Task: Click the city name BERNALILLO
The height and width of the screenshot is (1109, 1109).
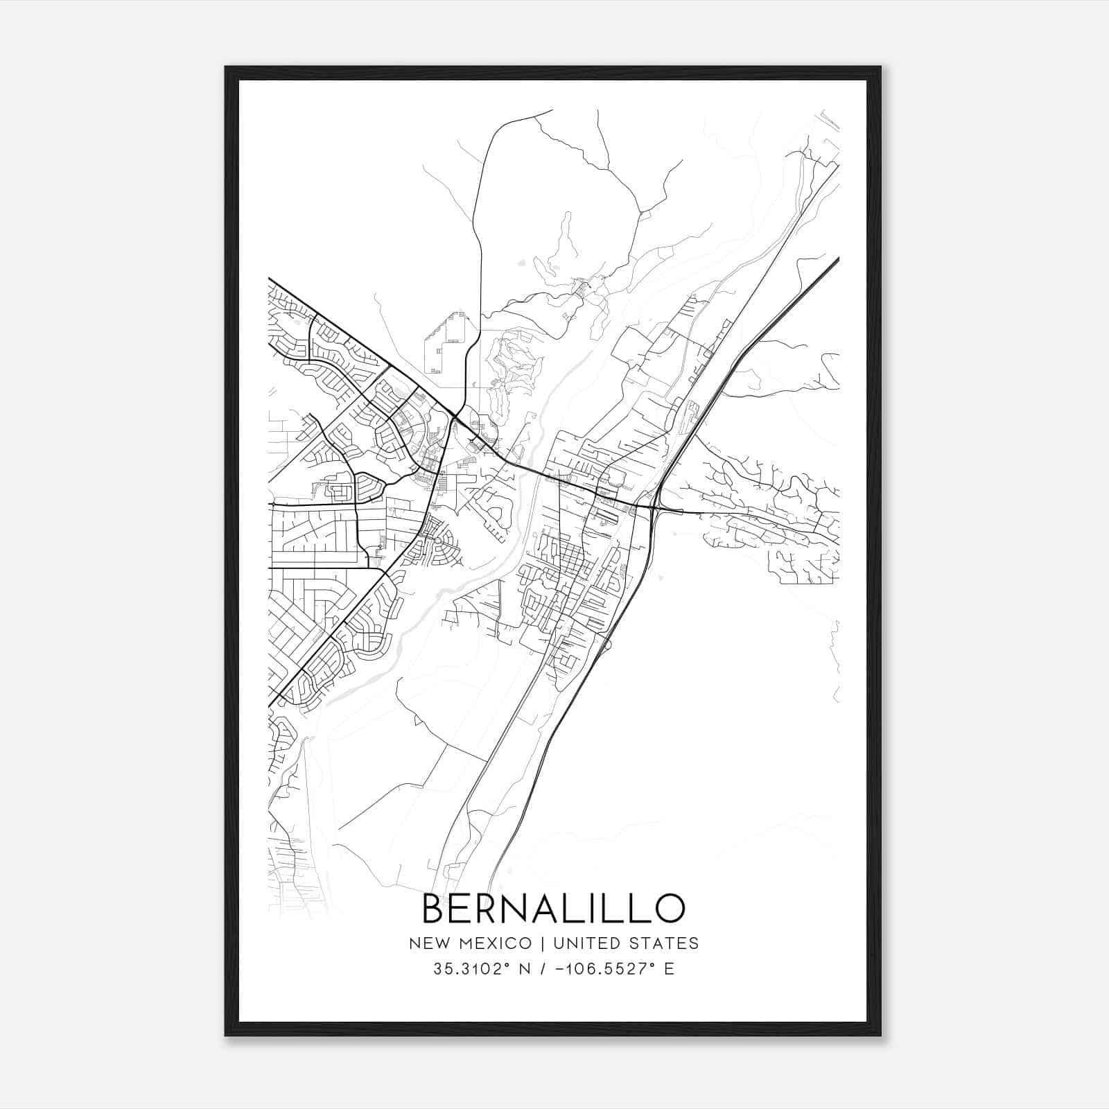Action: (x=553, y=908)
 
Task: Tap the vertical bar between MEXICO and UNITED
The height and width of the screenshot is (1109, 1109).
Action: (x=539, y=943)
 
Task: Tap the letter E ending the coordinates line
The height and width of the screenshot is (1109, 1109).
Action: (x=669, y=969)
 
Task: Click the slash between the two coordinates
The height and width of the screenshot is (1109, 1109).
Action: (x=541, y=969)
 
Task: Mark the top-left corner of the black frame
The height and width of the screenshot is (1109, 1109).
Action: (x=226, y=67)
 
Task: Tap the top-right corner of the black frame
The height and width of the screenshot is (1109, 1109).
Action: (x=880, y=67)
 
